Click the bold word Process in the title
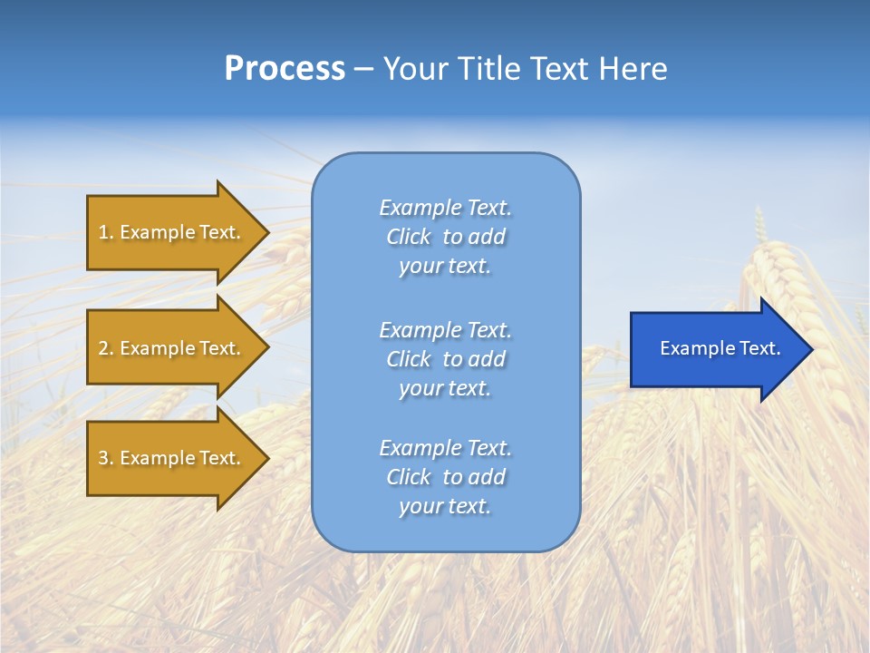click(x=285, y=69)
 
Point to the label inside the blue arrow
click(x=720, y=348)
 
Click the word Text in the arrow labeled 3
click(x=218, y=458)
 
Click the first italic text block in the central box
click(x=445, y=237)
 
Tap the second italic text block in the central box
click(x=445, y=358)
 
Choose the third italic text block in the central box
click(x=445, y=477)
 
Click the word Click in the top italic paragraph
click(x=409, y=237)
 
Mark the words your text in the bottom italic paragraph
click(x=445, y=506)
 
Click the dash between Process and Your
click(x=363, y=69)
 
